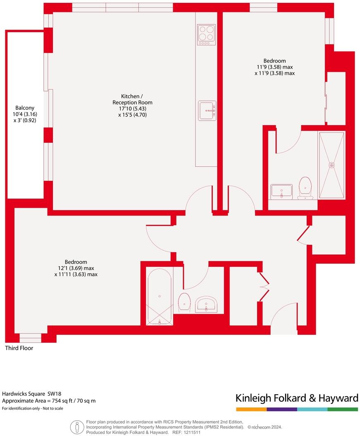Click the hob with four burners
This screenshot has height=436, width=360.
207,34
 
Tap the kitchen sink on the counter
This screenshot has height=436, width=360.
207,111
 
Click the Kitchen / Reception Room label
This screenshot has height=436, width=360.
132,100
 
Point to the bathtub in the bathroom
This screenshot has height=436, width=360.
160,296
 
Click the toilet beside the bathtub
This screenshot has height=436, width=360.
184,302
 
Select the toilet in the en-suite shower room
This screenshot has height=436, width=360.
305,188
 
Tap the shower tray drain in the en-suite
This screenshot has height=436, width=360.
331,165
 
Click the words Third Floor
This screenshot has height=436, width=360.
19,348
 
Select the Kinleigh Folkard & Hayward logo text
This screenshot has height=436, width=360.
296,398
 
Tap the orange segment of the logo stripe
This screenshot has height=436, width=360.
251,409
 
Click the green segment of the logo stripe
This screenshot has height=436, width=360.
343,409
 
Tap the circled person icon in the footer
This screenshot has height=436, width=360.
77,427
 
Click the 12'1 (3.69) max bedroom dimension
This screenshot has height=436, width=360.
76,268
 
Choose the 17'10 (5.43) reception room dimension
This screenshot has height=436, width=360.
132,109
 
